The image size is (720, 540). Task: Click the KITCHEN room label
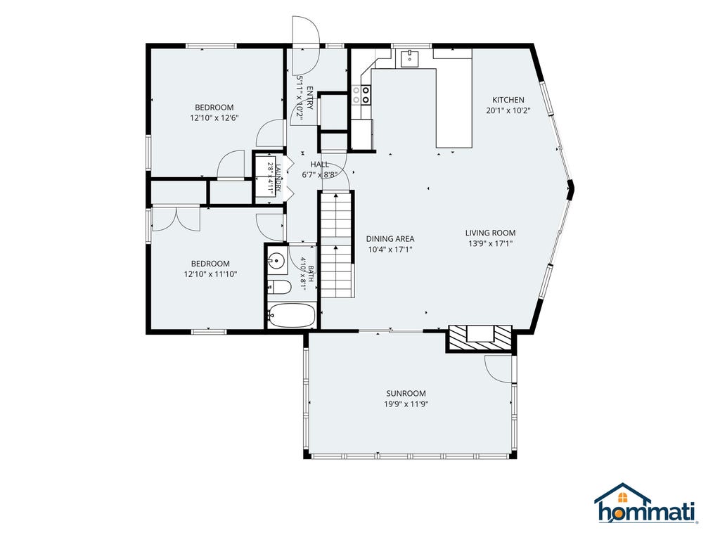click(508, 100)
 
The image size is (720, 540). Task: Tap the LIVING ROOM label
click(490, 233)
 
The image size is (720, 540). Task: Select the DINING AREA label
click(390, 239)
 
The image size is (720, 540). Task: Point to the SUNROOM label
click(406, 394)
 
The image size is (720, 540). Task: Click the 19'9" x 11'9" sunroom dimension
click(406, 404)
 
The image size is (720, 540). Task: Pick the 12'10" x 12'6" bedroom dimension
click(214, 118)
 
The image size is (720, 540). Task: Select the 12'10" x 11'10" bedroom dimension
click(210, 275)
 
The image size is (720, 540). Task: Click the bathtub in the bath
click(292, 316)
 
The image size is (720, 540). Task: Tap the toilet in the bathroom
click(280, 288)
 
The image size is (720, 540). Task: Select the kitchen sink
click(409, 59)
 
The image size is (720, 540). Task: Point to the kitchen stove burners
click(366, 96)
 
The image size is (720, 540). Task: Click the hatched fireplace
click(480, 339)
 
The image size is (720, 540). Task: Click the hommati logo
click(647, 503)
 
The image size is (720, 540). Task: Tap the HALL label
click(319, 165)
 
